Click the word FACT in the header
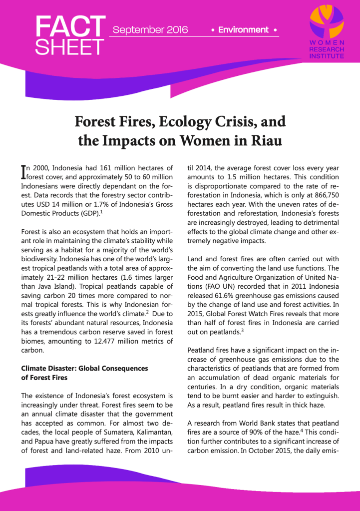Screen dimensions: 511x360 [x=70, y=26]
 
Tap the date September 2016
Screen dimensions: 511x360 [x=150, y=30]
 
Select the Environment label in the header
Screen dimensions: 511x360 [x=243, y=30]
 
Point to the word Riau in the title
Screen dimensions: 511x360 [x=264, y=140]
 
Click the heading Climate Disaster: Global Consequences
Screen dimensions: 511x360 [x=84, y=368]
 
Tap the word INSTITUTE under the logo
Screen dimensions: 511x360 [x=327, y=56]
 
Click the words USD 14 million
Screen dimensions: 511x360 [x=51, y=204]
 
